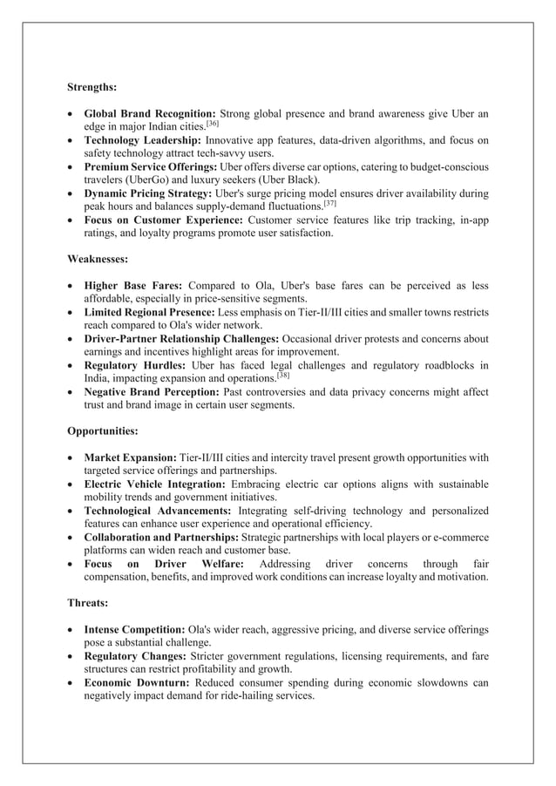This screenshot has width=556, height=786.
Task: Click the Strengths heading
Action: coord(92,87)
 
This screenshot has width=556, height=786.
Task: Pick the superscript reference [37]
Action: coord(329,203)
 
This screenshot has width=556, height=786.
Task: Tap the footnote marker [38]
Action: coord(283,374)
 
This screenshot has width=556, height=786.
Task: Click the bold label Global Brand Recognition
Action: coord(150,114)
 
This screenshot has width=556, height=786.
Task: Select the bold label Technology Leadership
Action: coord(143,141)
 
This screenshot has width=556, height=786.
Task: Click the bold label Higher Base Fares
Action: coord(133,286)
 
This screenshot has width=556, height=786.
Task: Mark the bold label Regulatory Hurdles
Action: coord(134,365)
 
